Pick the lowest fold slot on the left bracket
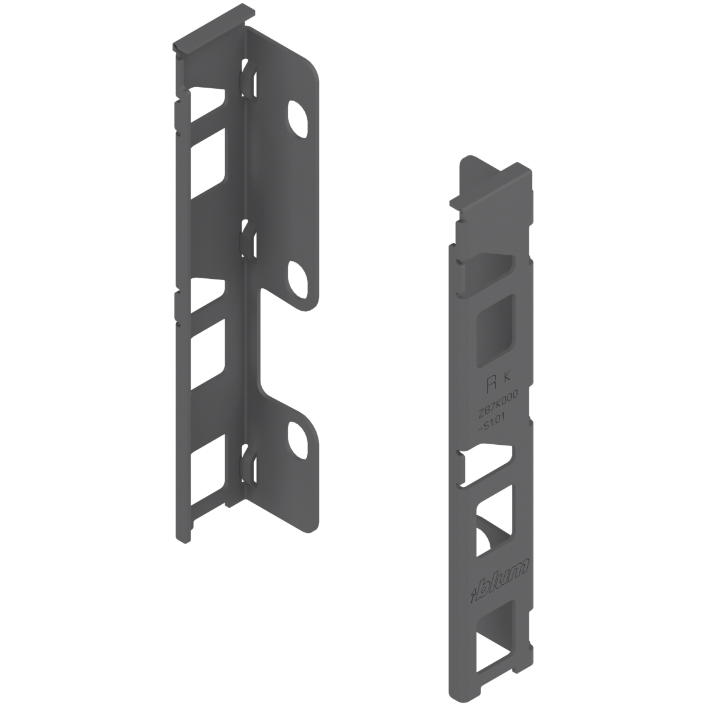coord(248,462)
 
